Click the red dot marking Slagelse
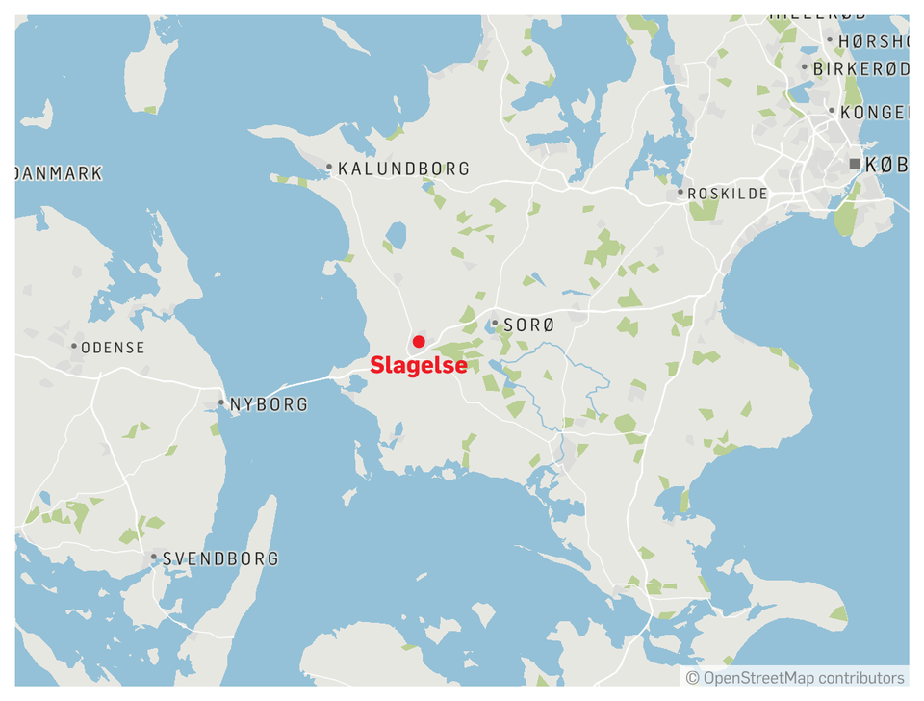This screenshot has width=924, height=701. (419, 342)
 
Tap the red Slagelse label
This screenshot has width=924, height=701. (419, 366)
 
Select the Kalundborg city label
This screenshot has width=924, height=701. (404, 169)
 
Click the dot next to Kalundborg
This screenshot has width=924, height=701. (329, 168)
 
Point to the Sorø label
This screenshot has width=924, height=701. (528, 325)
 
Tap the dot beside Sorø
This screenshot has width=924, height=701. (495, 325)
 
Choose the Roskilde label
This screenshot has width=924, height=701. (729, 194)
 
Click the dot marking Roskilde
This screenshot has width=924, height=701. (680, 193)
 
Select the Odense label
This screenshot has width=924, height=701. (114, 347)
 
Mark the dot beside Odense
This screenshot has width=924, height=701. (74, 346)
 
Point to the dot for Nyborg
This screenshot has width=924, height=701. (221, 403)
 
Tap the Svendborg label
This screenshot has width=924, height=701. (220, 558)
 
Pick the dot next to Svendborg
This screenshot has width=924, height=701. (154, 557)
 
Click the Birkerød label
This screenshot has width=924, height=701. (860, 69)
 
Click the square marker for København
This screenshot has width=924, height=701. (855, 165)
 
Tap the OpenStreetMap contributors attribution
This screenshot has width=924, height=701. (795, 678)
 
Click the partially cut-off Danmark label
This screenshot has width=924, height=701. (59, 173)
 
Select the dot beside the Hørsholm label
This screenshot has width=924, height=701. (830, 40)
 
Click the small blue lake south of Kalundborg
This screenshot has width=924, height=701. (396, 235)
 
